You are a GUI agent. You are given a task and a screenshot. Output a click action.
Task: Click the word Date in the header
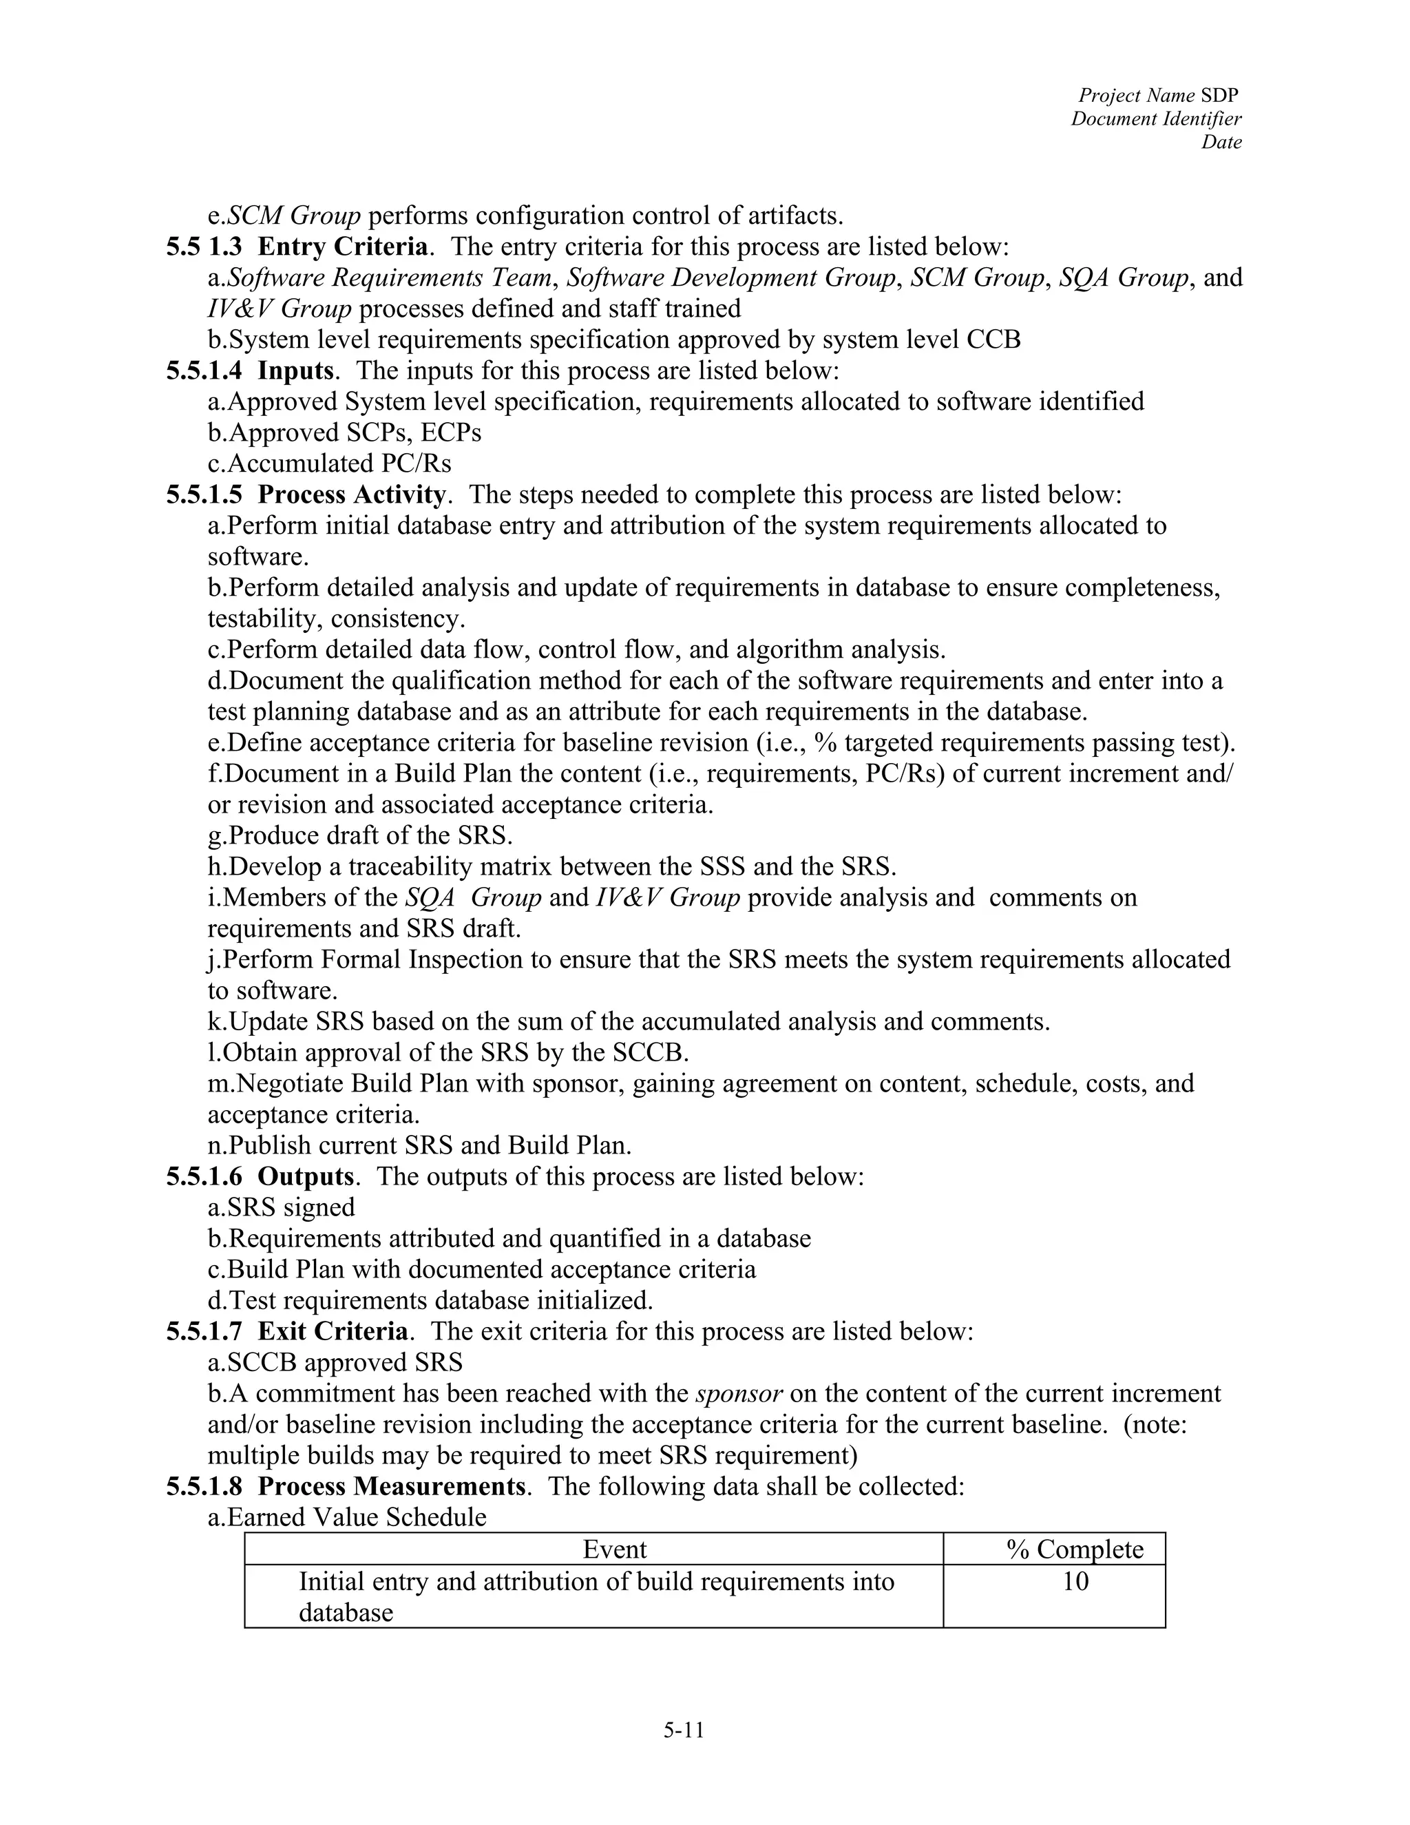pos(1221,142)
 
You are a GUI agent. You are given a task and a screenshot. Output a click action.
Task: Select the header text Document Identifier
pos(1156,118)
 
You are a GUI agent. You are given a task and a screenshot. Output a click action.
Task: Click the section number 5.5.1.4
pos(204,371)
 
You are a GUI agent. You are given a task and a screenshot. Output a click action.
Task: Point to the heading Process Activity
pos(351,494)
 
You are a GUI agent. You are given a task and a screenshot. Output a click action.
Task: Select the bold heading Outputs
pos(306,1176)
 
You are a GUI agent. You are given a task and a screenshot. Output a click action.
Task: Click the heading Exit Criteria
pos(333,1331)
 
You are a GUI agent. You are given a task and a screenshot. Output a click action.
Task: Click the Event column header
pos(614,1550)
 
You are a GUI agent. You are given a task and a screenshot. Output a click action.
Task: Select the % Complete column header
pos(1074,1550)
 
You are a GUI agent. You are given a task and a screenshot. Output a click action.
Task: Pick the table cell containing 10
pos(1075,1581)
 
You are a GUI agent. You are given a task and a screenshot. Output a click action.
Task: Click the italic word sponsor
pos(739,1393)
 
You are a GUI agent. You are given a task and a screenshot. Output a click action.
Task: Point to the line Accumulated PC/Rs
pos(329,463)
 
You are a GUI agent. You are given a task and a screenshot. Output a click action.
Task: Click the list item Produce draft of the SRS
pos(360,835)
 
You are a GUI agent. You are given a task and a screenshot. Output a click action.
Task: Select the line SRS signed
pos(282,1207)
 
